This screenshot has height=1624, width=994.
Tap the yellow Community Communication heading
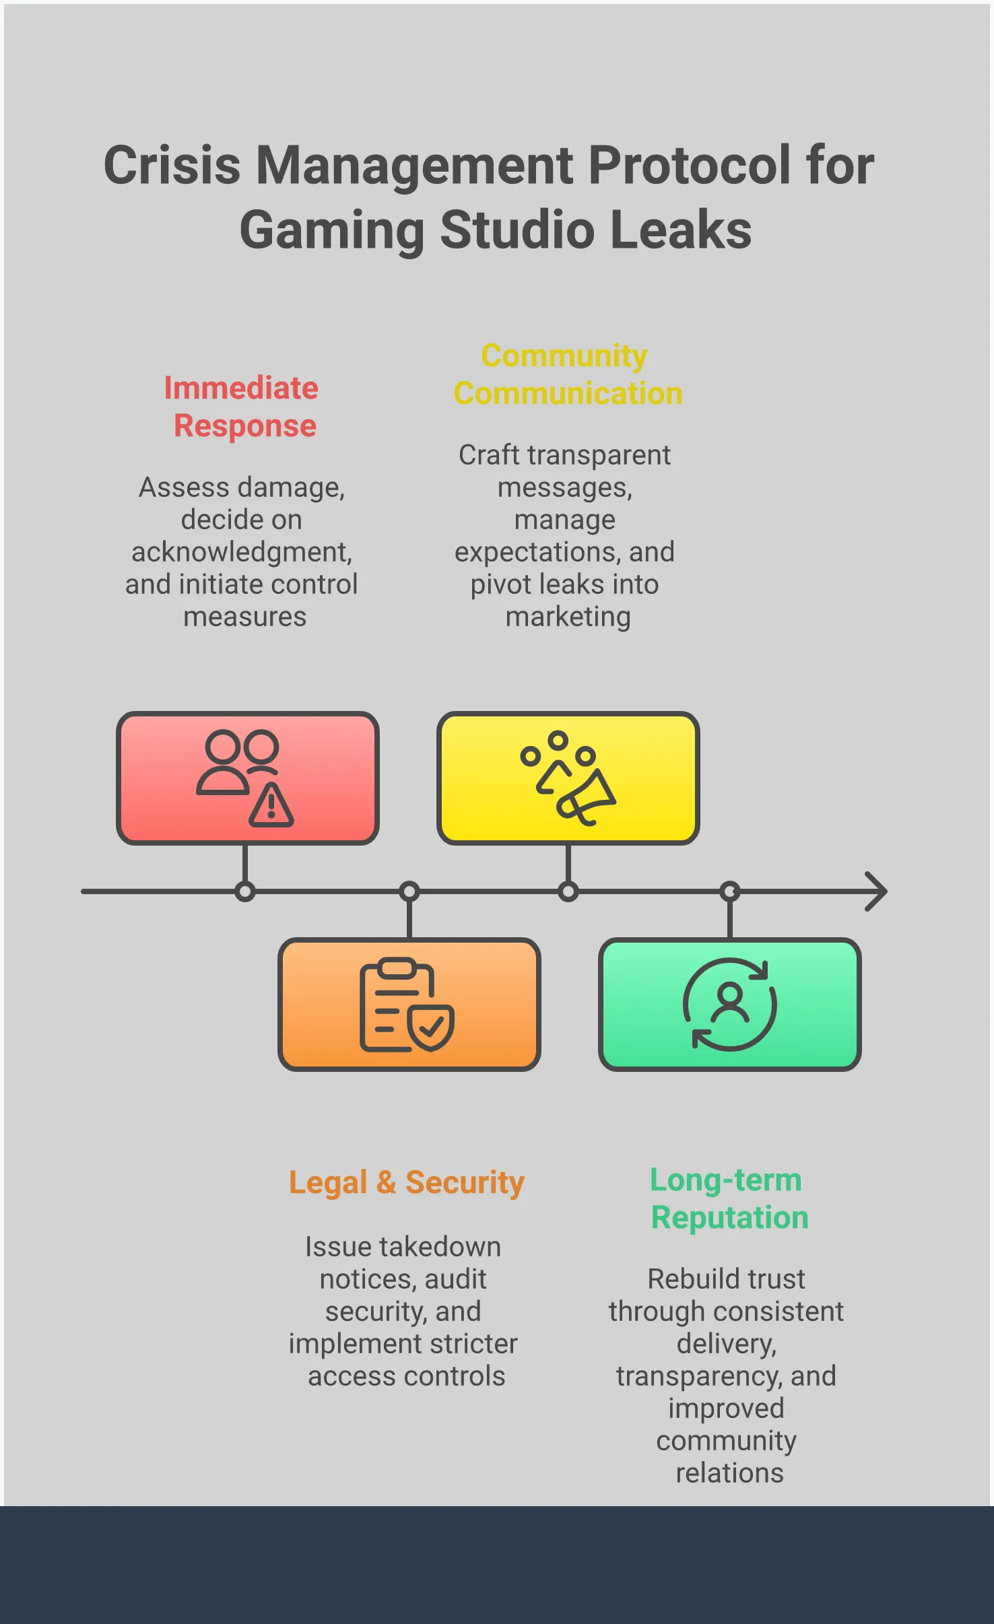[x=567, y=374]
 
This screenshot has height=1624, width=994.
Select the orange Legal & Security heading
[x=406, y=1182]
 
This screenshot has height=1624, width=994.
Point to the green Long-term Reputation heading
[x=728, y=1198]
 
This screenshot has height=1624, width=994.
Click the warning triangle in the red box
[x=271, y=805]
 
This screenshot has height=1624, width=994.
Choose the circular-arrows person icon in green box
[x=729, y=1004]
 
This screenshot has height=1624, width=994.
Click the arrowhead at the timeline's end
[x=877, y=891]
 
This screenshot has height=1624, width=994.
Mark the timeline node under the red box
[x=245, y=892]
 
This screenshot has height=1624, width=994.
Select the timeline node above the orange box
[x=409, y=892]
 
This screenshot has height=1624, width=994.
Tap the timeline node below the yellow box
[x=568, y=892]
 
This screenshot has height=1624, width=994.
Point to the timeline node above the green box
[x=730, y=892]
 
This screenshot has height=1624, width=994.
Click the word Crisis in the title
[x=172, y=166]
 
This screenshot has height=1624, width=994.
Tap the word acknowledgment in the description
[x=241, y=552]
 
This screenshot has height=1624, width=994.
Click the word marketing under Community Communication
[x=568, y=617]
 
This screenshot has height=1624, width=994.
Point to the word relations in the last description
[x=729, y=1473]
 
